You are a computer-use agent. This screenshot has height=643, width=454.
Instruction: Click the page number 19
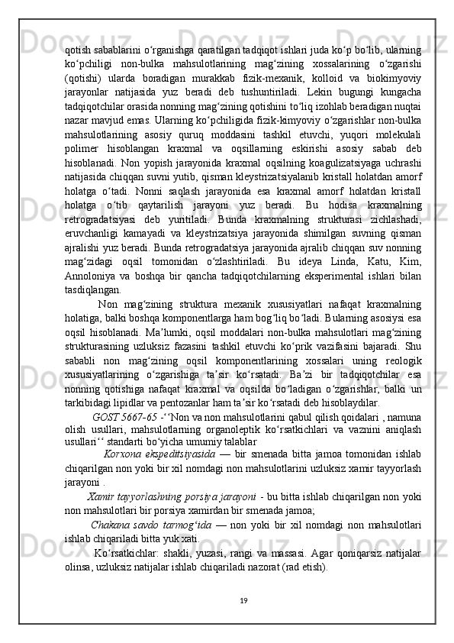click(x=242, y=622)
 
